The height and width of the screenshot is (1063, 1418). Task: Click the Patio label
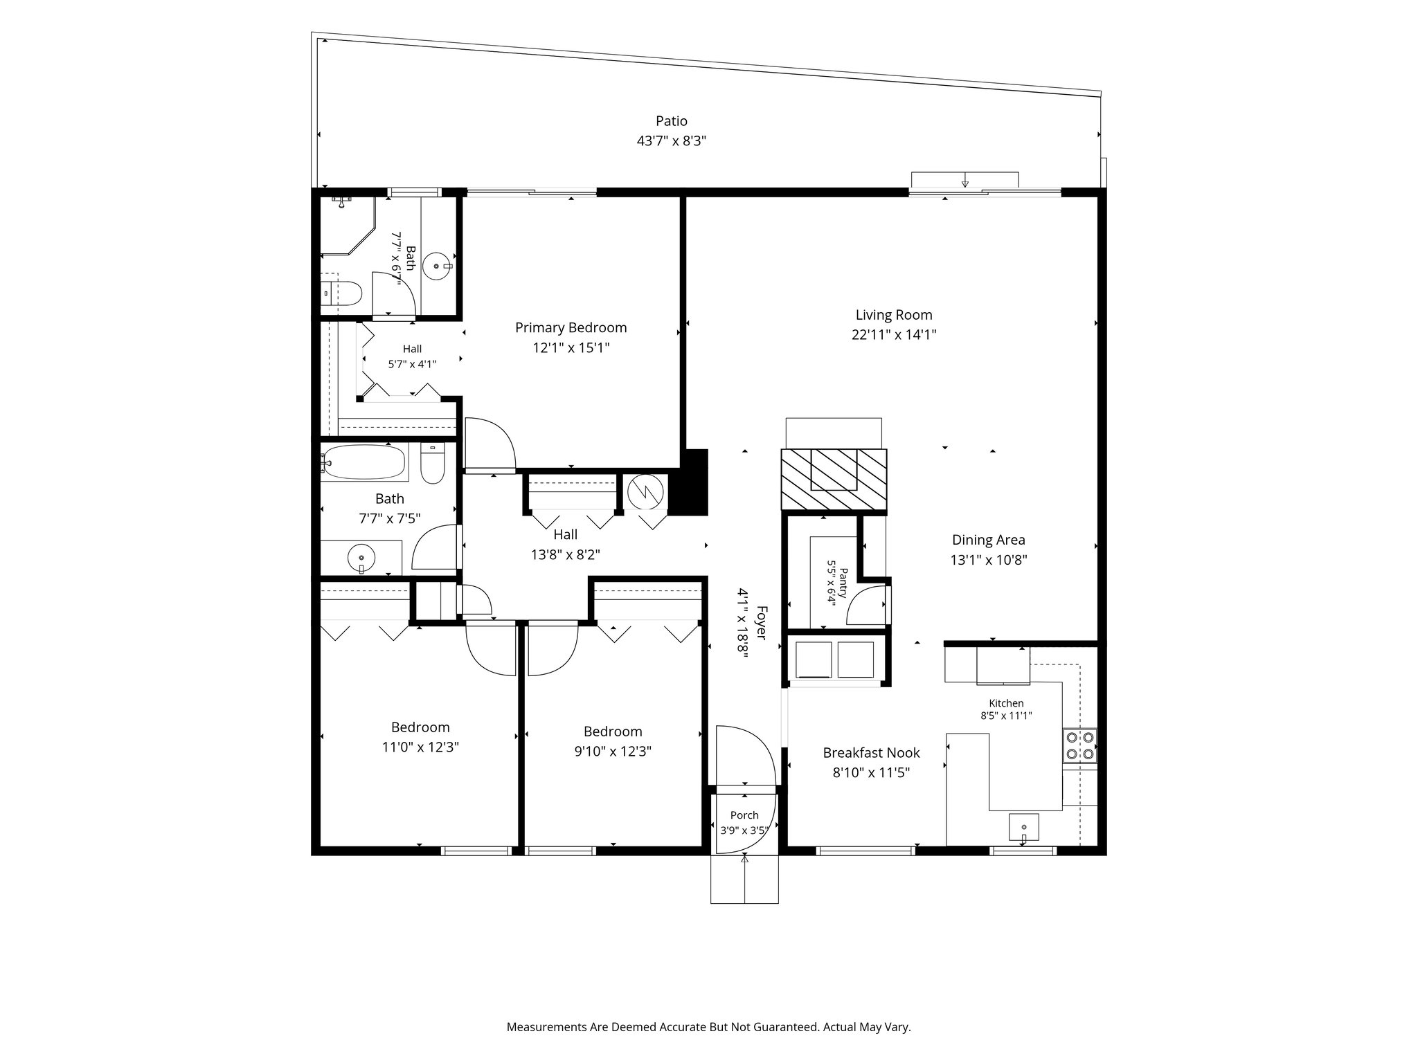[x=672, y=121]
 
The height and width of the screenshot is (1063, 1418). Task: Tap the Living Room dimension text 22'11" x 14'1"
[x=894, y=335]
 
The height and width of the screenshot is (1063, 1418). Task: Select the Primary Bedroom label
[x=571, y=327]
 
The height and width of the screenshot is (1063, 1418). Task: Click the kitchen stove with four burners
[x=1080, y=745]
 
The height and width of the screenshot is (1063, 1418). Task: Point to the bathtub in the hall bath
[x=364, y=462]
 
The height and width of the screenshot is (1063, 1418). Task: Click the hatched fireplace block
[x=834, y=480]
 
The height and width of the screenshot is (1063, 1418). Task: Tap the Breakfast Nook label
[x=871, y=752]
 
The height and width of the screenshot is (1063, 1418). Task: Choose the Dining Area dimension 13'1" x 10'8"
[x=988, y=560]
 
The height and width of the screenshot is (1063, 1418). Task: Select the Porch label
[x=744, y=815]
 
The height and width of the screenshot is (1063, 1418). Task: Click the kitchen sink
[x=1025, y=828]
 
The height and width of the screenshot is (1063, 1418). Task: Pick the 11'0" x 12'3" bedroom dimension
[x=420, y=747]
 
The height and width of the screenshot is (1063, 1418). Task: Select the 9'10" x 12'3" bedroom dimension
[x=613, y=751]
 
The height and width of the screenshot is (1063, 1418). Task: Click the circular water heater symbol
[x=645, y=492]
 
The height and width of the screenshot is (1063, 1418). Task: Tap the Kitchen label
[x=1006, y=703]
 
